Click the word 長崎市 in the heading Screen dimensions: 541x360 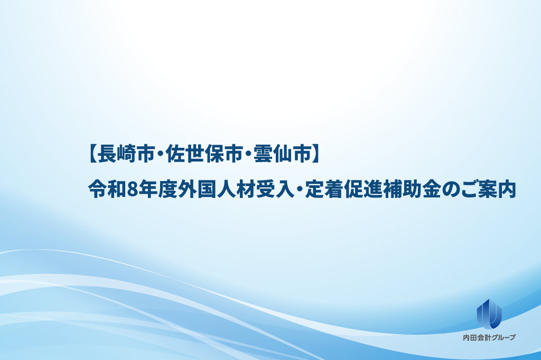126,155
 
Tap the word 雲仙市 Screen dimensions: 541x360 283,155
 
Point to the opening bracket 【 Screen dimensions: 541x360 91,155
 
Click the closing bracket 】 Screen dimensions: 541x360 316,155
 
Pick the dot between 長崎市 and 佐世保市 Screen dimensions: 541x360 160,155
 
